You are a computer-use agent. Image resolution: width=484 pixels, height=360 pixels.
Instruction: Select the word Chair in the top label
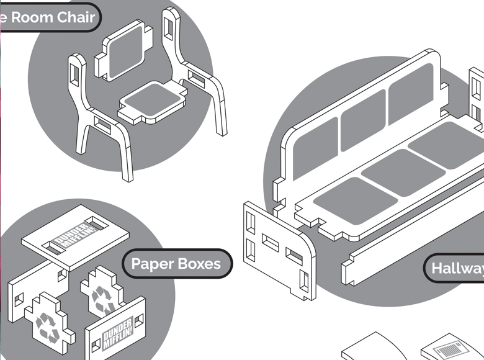[x=76, y=17]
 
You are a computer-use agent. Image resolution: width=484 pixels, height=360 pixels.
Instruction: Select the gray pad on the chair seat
[x=152, y=99]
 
